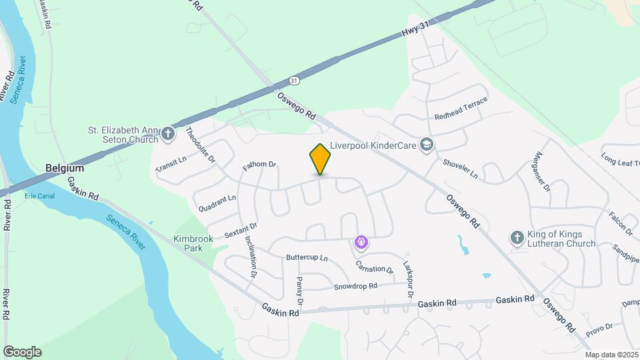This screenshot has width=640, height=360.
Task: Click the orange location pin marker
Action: point(320,159)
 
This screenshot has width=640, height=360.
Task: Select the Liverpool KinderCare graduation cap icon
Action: point(427,145)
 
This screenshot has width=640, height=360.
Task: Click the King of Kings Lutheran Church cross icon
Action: point(516,237)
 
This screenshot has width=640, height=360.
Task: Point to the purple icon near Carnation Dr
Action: point(361,243)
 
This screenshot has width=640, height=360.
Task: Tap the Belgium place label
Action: point(64,168)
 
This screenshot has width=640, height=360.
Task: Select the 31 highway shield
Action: point(295,80)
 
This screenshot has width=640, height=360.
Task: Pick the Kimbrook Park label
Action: point(193,243)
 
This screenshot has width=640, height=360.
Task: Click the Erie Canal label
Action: point(38,196)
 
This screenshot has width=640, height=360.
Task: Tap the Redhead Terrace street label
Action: point(461,108)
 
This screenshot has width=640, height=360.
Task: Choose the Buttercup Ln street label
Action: point(307,257)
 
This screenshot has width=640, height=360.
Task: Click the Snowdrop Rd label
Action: point(355,286)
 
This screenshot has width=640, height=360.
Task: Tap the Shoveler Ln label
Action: point(461,169)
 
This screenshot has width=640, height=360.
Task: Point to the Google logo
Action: point(22,352)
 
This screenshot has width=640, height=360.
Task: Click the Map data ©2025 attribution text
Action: point(611,355)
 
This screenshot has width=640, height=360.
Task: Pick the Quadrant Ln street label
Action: point(217,203)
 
